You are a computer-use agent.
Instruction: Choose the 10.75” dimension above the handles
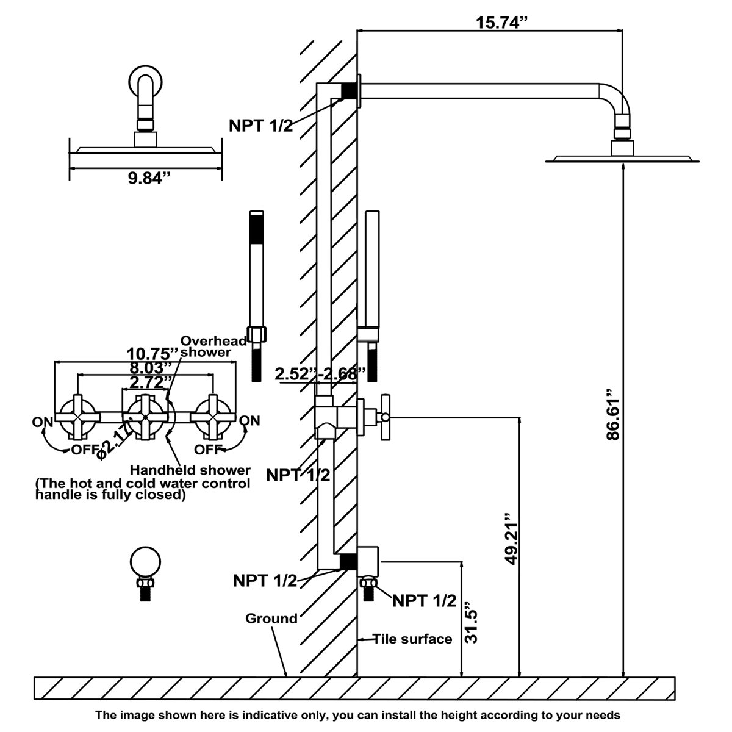click(x=145, y=354)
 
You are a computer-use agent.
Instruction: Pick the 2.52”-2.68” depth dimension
click(x=320, y=373)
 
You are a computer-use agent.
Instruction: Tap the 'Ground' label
click(x=271, y=619)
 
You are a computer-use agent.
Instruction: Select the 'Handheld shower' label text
click(x=190, y=470)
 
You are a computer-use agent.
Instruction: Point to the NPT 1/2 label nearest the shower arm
click(x=261, y=126)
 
